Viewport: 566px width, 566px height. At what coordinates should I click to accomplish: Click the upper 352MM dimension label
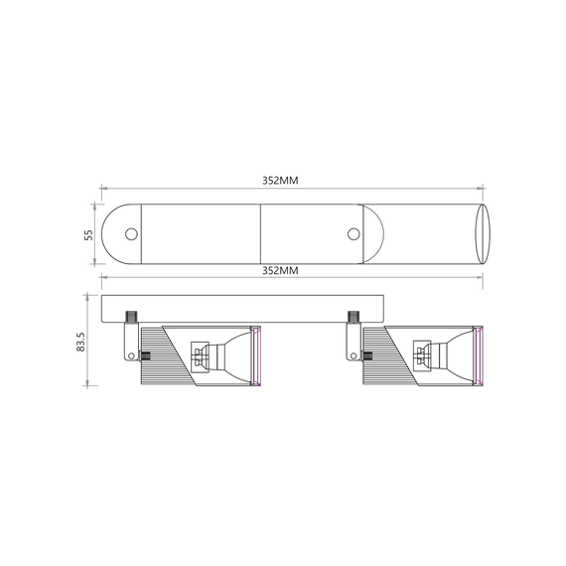280,181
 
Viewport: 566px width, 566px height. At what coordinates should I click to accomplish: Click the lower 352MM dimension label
280,270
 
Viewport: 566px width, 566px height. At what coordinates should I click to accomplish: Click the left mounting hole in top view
131,234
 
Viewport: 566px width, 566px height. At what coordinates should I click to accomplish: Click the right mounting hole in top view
354,234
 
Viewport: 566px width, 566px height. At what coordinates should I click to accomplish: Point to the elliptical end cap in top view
484,234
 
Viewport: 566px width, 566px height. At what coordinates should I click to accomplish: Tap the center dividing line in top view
260,234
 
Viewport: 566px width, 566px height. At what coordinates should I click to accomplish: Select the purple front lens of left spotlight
256,355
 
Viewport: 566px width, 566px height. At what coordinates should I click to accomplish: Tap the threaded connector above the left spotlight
130,317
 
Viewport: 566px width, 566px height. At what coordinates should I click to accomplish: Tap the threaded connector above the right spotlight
353,317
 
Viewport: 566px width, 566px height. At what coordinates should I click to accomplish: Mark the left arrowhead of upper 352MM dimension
101,189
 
